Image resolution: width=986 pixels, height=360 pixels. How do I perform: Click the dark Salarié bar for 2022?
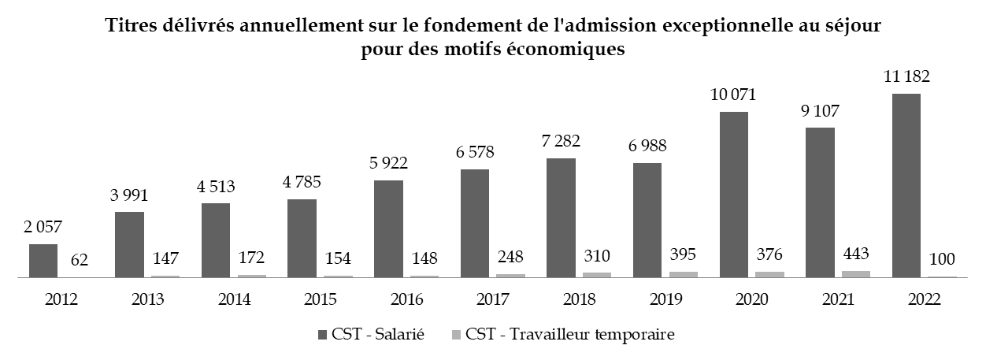click(x=906, y=186)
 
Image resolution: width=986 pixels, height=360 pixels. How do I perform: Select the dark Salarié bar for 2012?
click(x=43, y=261)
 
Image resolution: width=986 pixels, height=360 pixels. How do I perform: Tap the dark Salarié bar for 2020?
click(x=734, y=195)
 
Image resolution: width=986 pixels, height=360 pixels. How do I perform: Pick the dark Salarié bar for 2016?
click(x=388, y=229)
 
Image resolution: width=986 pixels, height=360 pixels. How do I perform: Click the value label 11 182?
click(x=906, y=77)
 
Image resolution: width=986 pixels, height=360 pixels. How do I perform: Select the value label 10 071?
click(x=734, y=95)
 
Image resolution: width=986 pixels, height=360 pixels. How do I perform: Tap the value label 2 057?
click(x=43, y=228)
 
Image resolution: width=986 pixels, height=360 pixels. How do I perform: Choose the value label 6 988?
click(x=647, y=147)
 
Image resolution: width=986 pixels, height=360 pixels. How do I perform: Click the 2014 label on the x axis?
click(x=235, y=300)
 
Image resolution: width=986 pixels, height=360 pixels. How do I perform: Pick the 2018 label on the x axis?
click(x=580, y=300)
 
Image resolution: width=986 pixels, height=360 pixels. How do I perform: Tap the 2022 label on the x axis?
click(x=925, y=300)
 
